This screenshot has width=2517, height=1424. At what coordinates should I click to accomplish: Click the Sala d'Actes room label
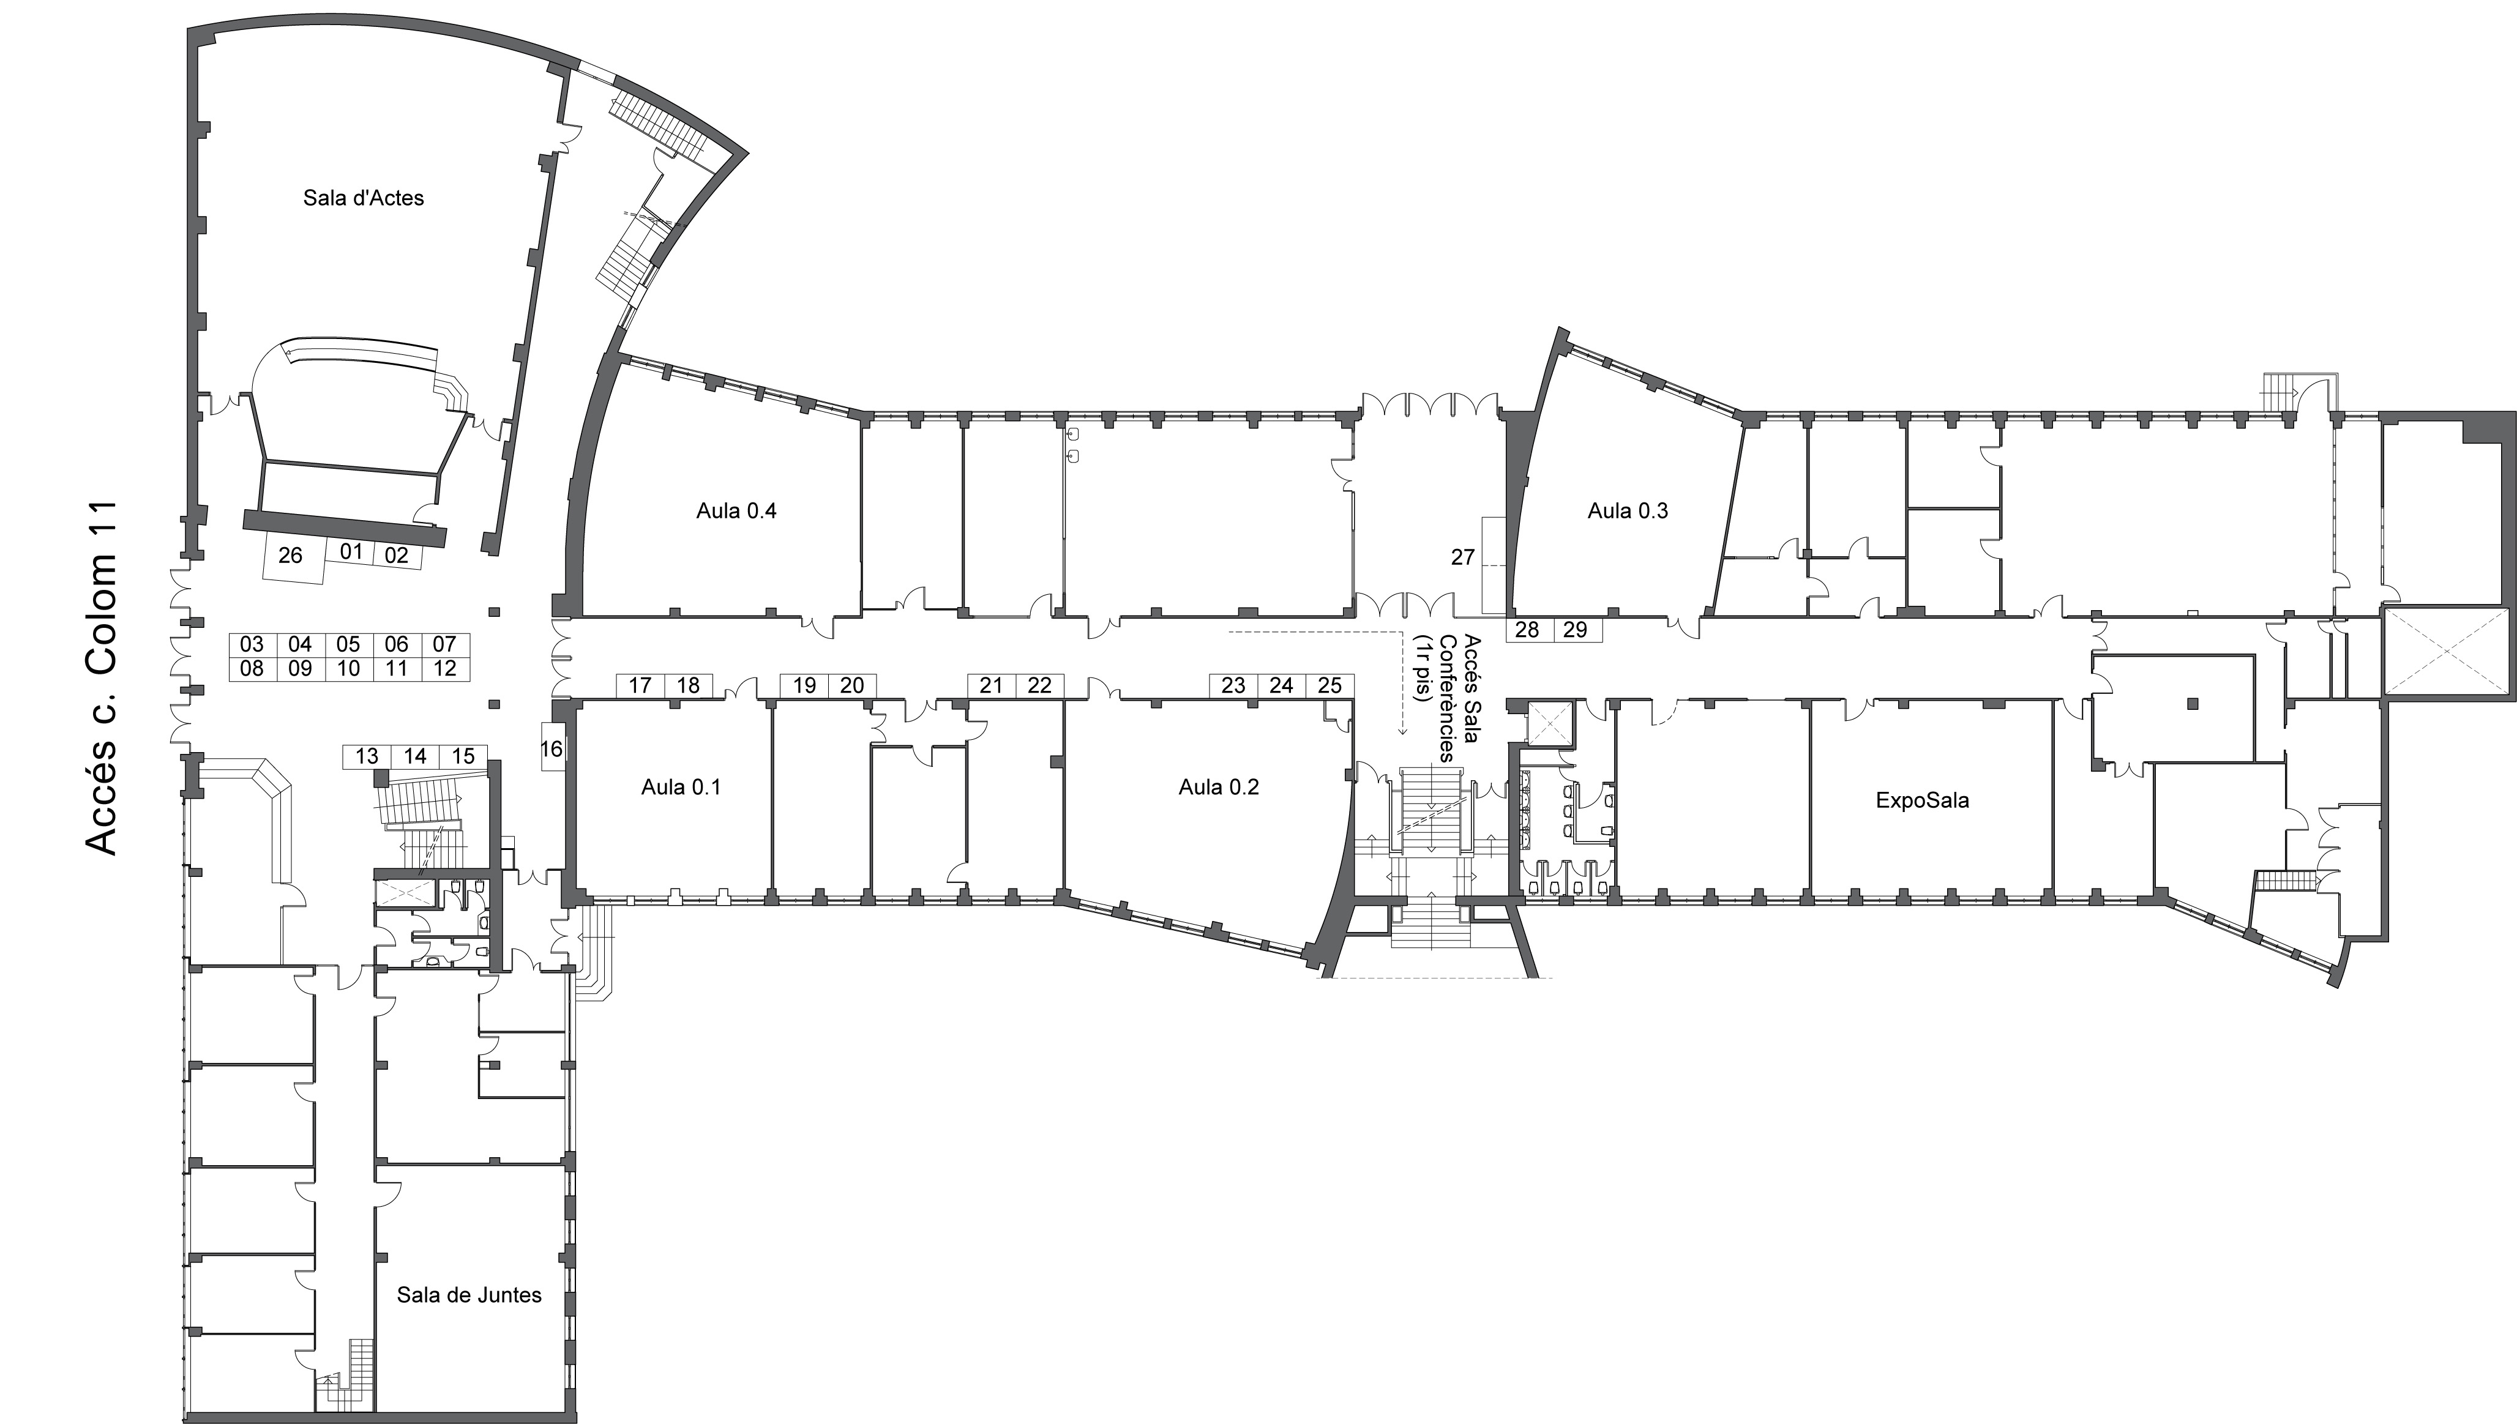363,198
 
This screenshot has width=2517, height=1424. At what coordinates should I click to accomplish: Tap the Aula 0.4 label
736,510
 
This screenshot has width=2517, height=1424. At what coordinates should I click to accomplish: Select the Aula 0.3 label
1628,510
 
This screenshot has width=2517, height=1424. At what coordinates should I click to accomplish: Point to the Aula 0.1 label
681,788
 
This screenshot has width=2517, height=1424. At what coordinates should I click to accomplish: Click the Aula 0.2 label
1219,788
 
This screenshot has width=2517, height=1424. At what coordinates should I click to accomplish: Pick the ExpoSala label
1922,800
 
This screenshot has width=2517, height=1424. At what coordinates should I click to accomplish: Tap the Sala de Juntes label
469,1295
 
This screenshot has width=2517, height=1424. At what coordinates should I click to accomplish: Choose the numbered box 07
445,644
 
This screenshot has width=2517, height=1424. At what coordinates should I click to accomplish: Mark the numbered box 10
348,669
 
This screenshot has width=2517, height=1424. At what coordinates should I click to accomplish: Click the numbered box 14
415,756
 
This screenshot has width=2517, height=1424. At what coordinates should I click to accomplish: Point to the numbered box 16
552,748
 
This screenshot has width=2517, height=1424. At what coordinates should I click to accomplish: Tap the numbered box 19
804,685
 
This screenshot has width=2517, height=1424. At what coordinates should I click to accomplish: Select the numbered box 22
1039,685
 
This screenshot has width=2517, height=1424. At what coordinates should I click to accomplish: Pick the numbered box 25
1330,685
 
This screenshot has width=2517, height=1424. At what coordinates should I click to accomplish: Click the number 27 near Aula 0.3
1462,557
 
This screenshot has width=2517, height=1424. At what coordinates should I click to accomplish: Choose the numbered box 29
1575,630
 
